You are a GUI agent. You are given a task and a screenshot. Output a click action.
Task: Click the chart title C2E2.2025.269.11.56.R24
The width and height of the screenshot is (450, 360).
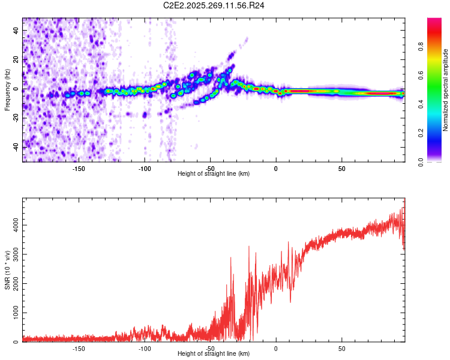(214, 5)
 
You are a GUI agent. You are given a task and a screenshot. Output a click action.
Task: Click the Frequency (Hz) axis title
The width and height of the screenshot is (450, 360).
(7, 89)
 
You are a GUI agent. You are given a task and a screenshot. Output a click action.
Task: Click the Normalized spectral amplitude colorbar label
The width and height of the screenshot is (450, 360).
(446, 89)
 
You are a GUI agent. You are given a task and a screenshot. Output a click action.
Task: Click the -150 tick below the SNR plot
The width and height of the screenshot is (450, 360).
(79, 348)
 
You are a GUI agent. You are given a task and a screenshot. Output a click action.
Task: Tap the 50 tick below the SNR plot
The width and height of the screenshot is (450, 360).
(341, 348)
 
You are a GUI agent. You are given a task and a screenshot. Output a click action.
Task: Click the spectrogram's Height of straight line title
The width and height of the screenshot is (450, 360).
(214, 174)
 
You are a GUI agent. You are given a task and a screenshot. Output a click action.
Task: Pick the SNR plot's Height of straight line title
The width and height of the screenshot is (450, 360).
(214, 354)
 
